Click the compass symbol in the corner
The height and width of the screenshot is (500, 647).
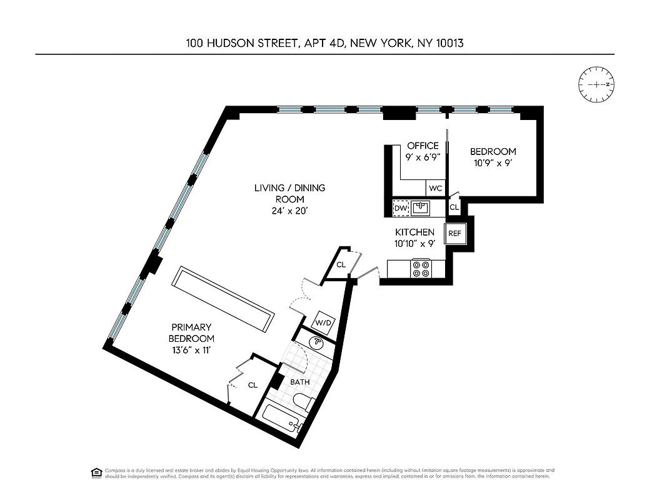tap(596, 84)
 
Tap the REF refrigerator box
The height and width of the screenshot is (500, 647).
tap(454, 234)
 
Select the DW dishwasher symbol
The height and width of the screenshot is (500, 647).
tap(399, 207)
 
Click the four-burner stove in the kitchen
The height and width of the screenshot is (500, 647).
tap(420, 268)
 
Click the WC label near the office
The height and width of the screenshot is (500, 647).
tap(436, 188)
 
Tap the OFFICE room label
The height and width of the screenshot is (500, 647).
tap(423, 146)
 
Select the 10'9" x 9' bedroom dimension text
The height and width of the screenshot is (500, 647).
tap(493, 162)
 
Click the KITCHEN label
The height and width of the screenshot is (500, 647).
tap(414, 232)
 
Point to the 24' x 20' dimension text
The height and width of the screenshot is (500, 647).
tap(289, 211)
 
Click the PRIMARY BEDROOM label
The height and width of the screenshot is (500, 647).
tap(191, 332)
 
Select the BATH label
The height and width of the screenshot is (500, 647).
tap(299, 382)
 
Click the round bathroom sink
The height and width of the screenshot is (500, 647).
tap(318, 342)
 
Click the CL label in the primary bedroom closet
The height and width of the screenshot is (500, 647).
tap(253, 386)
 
